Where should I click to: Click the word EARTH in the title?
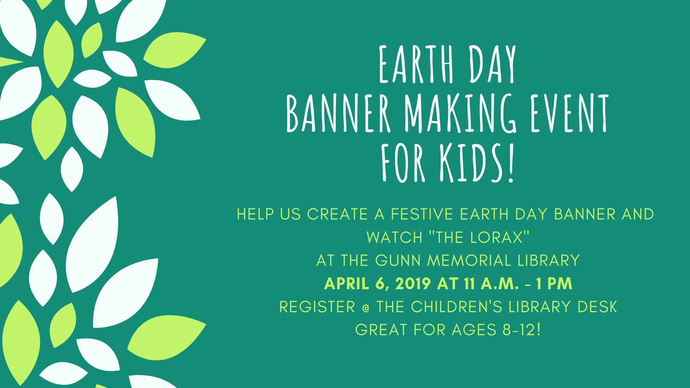[417, 64]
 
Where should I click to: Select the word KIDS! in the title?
[478, 163]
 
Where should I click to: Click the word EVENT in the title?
[570, 113]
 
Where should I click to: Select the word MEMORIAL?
[469, 260]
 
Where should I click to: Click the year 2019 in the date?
[413, 283]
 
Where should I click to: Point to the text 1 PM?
[554, 283]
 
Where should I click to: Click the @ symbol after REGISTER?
[366, 308]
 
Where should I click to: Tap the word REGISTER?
[317, 307]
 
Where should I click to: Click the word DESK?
[597, 307]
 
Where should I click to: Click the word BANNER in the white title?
[338, 113]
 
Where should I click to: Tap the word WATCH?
[394, 237]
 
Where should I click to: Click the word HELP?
[255, 214]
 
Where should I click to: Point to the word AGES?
[474, 330]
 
